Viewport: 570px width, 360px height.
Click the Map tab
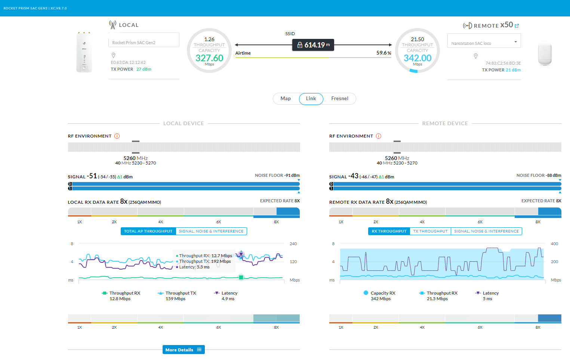[286, 98]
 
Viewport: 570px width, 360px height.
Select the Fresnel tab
[339, 98]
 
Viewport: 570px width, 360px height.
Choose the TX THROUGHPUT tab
[430, 231]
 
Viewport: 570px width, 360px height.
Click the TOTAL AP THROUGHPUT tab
[148, 231]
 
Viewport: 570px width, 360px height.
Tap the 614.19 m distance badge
[313, 45]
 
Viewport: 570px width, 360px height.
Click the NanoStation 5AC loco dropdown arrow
[515, 42]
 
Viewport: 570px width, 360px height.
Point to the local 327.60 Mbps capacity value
[209, 58]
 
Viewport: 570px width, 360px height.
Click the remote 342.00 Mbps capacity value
[418, 58]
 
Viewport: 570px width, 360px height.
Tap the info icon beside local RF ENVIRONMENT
[117, 136]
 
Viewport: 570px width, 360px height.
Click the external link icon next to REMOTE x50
[517, 26]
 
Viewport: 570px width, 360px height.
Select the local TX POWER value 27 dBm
[144, 69]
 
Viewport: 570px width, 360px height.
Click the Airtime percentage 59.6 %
[383, 53]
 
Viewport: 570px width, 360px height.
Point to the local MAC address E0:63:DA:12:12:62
[128, 62]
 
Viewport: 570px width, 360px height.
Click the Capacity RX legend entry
[380, 296]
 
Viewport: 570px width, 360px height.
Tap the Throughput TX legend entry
[177, 296]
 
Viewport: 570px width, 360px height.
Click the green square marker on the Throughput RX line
[241, 277]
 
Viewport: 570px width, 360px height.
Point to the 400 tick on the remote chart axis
[554, 244]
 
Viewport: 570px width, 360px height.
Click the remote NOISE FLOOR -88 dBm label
[539, 175]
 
